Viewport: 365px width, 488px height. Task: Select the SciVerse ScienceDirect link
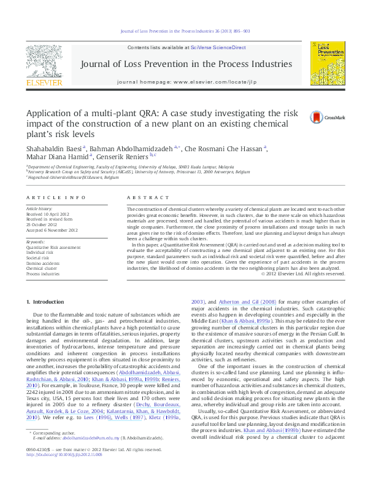[x=218, y=47]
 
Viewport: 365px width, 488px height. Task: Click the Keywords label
[x=35, y=242]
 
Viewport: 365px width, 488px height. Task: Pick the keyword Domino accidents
[x=42, y=262]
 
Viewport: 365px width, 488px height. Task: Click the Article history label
[x=39, y=209]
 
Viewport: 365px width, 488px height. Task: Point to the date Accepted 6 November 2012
[x=52, y=230]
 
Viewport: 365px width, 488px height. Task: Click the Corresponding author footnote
[x=52, y=449]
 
